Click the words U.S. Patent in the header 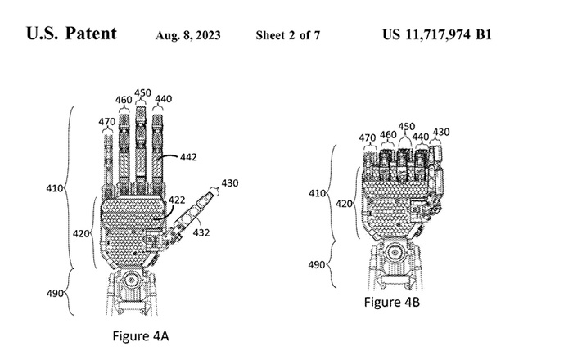(x=71, y=35)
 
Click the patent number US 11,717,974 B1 (x=438, y=36)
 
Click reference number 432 (x=201, y=232)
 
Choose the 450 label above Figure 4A (x=142, y=92)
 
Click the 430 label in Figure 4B (x=440, y=132)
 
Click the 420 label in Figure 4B (x=344, y=203)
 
